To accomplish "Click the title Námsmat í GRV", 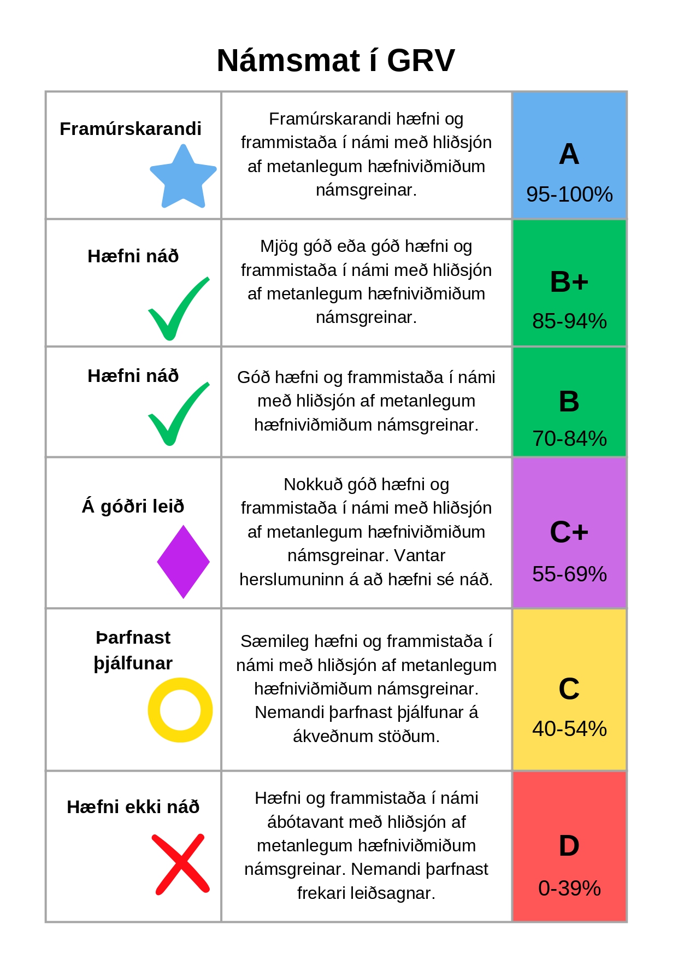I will pos(335,60).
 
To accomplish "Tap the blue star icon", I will pos(183,178).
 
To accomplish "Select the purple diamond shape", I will pos(183,562).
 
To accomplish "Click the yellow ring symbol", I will pos(180,710).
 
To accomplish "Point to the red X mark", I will pos(180,864).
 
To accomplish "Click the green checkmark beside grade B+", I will pos(178,309).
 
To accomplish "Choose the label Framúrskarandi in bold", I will pos(131,128).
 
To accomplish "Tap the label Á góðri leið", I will pos(133,507).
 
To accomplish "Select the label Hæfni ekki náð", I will pos(133,807).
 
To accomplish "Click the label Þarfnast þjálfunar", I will pos(133,650).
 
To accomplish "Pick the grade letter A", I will pos(569,154).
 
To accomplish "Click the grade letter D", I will pos(569,846).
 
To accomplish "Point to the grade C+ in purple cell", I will pos(569,532).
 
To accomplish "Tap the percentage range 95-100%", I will pos(569,195).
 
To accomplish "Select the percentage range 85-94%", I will pos(569,321).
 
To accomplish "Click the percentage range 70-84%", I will pos(569,439).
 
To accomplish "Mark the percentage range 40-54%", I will pos(569,729).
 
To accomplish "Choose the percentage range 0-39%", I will pos(569,889).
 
